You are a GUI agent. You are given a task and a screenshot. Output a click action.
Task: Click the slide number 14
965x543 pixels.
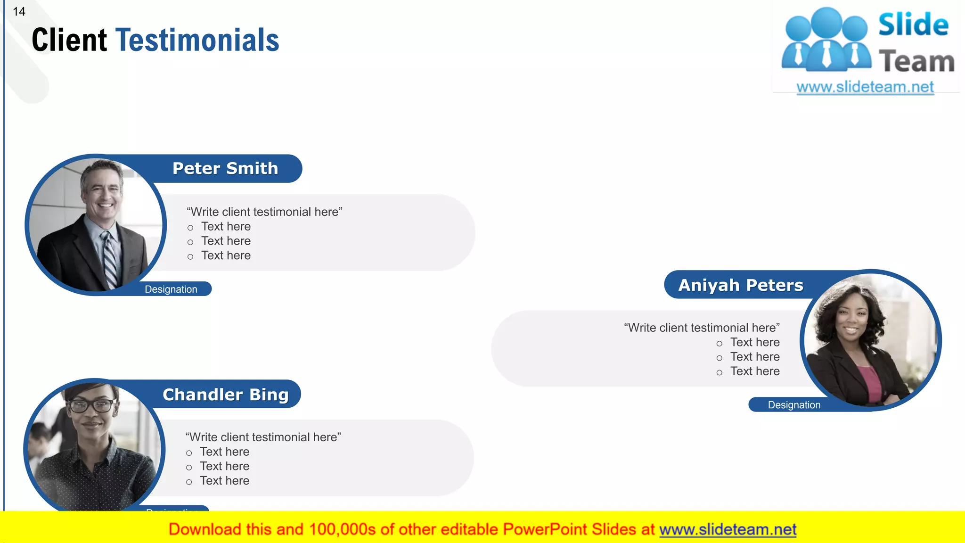[x=19, y=11]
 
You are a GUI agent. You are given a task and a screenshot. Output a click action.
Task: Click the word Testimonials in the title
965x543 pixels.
[x=197, y=40]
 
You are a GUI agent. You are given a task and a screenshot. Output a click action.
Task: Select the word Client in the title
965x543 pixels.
[x=69, y=40]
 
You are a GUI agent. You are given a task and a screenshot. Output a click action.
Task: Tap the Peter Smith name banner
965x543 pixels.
[x=225, y=168]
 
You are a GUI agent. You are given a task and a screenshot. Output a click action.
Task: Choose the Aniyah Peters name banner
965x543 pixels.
[x=740, y=285]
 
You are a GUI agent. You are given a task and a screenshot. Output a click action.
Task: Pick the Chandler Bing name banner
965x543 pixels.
[x=225, y=395]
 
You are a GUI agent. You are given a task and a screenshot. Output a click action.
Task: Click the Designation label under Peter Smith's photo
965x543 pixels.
[x=171, y=289]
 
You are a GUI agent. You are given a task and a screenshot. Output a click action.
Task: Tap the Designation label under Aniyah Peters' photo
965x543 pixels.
[x=794, y=405]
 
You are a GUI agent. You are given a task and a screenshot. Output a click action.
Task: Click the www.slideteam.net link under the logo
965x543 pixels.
[x=865, y=87]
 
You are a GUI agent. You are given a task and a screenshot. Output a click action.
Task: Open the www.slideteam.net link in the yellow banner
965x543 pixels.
[x=728, y=529]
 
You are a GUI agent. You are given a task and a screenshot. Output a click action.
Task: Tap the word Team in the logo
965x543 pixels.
[x=916, y=62]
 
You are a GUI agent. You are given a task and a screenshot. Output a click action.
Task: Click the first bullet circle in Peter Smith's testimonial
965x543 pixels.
[x=190, y=228]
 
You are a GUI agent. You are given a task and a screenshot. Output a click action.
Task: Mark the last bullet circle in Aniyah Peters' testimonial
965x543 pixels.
[x=719, y=372]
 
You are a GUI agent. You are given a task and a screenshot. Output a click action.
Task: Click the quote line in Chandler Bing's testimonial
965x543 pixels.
[x=263, y=437]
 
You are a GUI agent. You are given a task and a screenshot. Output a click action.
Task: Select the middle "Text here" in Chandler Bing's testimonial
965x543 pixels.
[x=224, y=466]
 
